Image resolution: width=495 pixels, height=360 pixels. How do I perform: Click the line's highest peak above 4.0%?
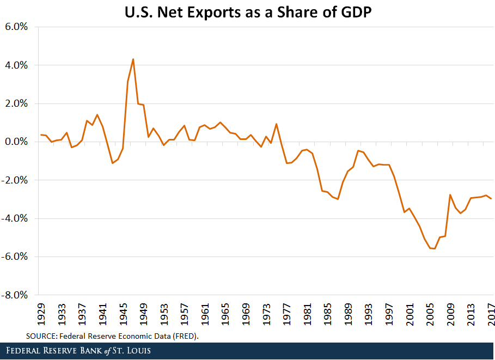tap(133, 59)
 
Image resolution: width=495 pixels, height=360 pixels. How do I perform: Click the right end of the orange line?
tap(491, 199)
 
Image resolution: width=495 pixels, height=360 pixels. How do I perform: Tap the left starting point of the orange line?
tap(41, 135)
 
